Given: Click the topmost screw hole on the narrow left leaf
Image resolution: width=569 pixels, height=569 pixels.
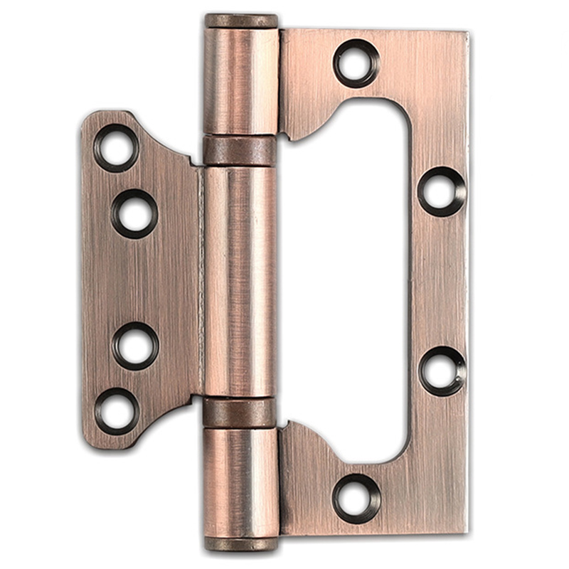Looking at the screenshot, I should [116, 148].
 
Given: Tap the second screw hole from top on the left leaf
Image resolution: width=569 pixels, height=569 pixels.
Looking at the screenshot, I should [134, 213].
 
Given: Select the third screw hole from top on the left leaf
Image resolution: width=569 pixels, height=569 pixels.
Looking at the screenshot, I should [135, 346].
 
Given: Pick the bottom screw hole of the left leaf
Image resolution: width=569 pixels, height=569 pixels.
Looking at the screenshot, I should [116, 410].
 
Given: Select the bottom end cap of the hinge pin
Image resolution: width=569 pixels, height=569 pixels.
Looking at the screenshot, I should [241, 544].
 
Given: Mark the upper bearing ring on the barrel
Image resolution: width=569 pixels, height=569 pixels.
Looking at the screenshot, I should [240, 150].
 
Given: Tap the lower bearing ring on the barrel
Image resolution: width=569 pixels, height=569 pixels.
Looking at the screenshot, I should [240, 413].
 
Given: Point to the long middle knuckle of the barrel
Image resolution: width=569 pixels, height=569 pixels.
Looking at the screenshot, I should [240, 281].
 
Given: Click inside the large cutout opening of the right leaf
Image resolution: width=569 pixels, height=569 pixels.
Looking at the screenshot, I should [349, 281].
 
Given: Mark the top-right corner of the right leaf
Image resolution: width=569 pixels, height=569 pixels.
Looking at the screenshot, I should [466, 33].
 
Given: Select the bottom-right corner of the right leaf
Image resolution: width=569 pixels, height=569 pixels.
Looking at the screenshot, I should [466, 531].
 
